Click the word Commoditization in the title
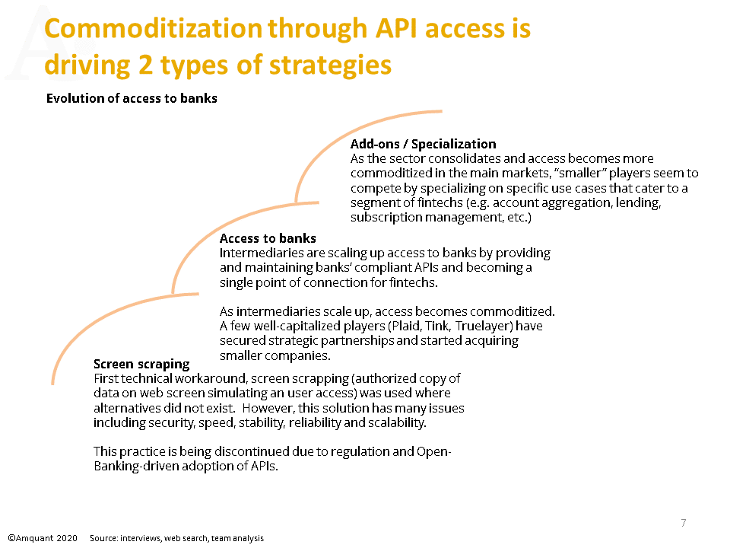153,28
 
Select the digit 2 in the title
145,65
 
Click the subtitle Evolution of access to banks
132,98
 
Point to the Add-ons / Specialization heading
424,144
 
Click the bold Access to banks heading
268,238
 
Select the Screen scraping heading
141,364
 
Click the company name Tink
438,326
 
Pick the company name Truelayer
483,326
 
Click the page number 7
684,523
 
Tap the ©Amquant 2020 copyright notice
43,538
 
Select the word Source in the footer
103,538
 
